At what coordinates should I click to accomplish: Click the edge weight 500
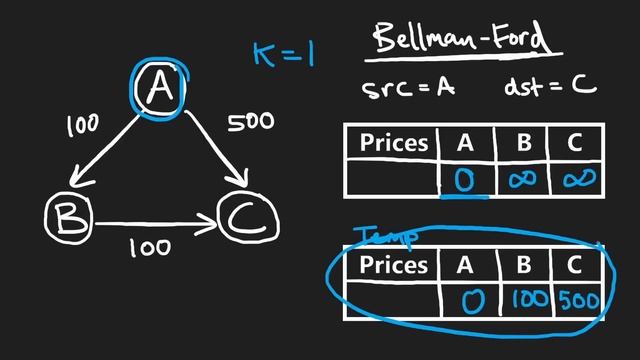point(250,123)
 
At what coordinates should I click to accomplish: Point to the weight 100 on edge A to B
point(82,125)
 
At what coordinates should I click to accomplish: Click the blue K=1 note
point(283,52)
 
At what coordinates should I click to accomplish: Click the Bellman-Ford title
point(459,40)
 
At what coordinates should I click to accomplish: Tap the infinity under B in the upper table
point(522,180)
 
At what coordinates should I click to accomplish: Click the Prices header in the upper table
point(394,143)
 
